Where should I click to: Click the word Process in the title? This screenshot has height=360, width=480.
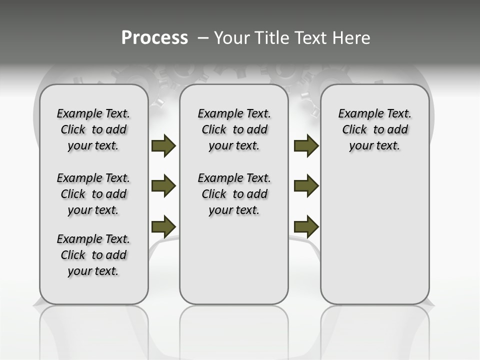[154, 37]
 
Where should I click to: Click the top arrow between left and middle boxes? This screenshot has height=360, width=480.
[163, 146]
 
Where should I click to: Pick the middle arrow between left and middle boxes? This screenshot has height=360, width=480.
[163, 186]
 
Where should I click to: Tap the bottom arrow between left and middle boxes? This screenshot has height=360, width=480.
[163, 226]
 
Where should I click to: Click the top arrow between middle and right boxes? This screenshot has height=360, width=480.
[306, 146]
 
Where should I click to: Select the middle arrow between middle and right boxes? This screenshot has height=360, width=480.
[306, 186]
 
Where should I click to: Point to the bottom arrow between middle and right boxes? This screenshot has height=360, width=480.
[306, 226]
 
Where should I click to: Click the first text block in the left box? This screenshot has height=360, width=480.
[93, 129]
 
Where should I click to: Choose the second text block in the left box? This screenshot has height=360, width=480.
[93, 194]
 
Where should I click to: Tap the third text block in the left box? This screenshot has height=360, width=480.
[93, 255]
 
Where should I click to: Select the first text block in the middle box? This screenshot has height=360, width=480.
[234, 129]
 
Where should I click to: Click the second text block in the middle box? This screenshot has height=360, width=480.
[234, 194]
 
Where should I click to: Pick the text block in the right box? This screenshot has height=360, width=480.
[375, 129]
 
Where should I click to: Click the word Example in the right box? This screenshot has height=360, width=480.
[357, 114]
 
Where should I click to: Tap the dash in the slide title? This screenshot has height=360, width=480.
[202, 38]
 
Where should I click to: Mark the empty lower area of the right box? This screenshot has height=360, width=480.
[375, 235]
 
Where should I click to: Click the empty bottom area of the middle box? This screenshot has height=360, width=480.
[234, 265]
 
